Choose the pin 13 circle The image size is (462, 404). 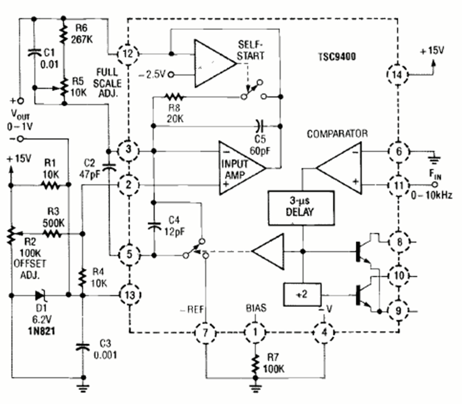(x=128, y=295)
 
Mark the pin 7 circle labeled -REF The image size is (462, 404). (x=205, y=333)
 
